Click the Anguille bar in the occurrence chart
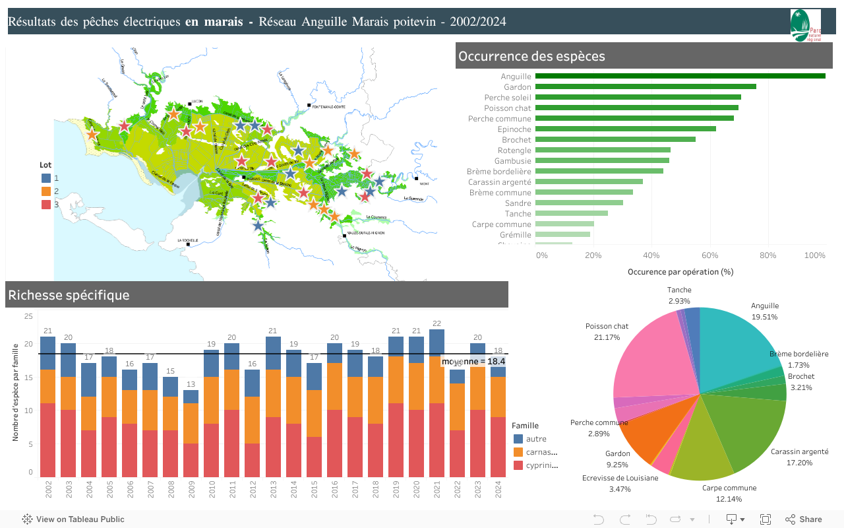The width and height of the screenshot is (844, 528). tap(679, 76)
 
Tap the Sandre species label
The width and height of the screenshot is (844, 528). tap(518, 203)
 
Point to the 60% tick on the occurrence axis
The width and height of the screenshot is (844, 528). tap(709, 255)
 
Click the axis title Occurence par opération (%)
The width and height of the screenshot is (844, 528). tap(680, 271)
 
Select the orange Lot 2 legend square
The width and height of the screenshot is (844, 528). tap(46, 191)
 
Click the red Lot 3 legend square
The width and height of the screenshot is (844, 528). tap(46, 205)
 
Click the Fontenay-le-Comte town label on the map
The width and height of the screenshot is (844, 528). tap(329, 107)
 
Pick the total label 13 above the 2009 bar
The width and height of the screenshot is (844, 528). tap(191, 384)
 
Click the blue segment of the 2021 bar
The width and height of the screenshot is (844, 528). tap(436, 343)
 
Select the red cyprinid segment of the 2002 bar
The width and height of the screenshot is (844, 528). tap(47, 440)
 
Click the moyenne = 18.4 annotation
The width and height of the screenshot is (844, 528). tap(473, 362)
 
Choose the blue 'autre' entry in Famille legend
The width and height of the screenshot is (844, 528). tap(535, 439)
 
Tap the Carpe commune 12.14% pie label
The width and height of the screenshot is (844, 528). tap(729, 492)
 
